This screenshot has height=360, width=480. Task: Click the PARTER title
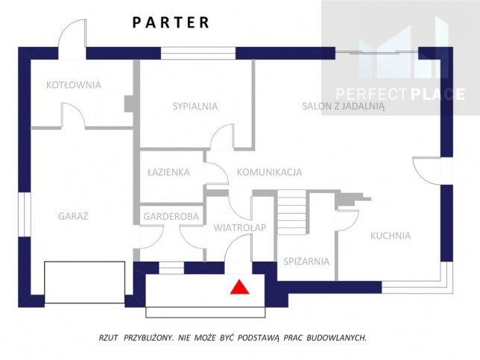point(171,22)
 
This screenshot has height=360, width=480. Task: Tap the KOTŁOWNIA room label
point(74,85)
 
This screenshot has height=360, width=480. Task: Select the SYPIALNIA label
point(195,107)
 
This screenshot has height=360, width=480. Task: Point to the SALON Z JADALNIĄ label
point(343,107)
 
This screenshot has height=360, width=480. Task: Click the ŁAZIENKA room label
point(168,171)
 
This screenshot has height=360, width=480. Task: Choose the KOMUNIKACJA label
point(269,172)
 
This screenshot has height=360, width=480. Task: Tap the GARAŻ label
point(73,216)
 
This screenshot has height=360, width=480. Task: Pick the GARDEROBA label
point(171,217)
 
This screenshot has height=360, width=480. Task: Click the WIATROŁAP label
point(240,228)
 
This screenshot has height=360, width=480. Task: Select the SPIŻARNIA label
point(306,262)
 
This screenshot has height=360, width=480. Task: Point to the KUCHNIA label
point(391,236)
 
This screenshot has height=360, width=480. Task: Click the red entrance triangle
point(240,287)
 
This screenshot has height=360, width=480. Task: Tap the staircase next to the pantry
point(291,212)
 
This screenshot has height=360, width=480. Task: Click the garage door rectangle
point(84,282)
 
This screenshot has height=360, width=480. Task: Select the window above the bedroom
point(198,53)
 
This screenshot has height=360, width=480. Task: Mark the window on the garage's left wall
point(25,215)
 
